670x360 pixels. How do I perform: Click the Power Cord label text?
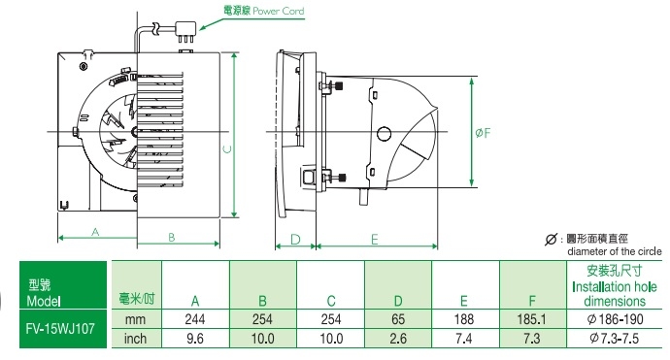click(278, 11)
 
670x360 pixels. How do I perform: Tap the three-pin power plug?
click(186, 33)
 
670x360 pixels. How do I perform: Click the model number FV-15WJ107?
click(60, 328)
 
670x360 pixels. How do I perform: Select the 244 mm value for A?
click(195, 319)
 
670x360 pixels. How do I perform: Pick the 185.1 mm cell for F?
click(531, 319)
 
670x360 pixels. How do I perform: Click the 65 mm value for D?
click(398, 319)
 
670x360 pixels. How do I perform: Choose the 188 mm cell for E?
click(464, 319)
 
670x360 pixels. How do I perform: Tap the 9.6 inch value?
click(195, 339)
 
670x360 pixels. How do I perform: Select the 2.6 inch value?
click(398, 339)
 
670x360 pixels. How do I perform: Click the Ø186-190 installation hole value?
click(616, 319)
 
